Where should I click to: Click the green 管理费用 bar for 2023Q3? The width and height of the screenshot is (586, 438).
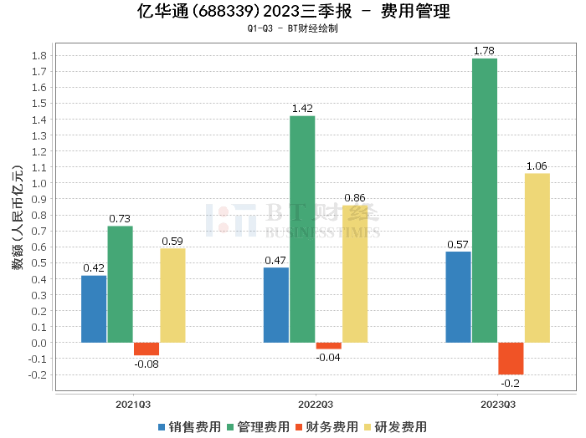pyautogui.click(x=484, y=201)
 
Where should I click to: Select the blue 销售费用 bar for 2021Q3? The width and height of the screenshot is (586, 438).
pyautogui.click(x=94, y=308)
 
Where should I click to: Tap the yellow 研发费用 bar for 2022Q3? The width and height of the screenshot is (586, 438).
pyautogui.click(x=354, y=273)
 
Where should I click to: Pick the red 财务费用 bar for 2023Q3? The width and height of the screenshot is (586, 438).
pyautogui.click(x=511, y=358)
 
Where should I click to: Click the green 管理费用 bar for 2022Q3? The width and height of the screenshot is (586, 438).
pyautogui.click(x=302, y=229)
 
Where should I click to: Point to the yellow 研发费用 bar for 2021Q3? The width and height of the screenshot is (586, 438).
pyautogui.click(x=172, y=295)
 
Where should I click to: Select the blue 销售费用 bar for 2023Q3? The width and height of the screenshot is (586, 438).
pyautogui.click(x=458, y=297)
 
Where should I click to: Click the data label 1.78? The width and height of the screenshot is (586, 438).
pyautogui.click(x=484, y=51)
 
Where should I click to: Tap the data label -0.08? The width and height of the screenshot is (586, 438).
pyautogui.click(x=146, y=364)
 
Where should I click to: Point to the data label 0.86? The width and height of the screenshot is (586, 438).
pyautogui.click(x=354, y=198)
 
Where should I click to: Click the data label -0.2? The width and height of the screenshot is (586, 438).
pyautogui.click(x=511, y=383)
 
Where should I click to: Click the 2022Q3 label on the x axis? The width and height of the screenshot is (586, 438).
pyautogui.click(x=316, y=403)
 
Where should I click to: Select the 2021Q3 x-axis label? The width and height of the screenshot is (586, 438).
pyautogui.click(x=133, y=403)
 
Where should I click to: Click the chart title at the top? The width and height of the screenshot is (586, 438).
pyautogui.click(x=292, y=12)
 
